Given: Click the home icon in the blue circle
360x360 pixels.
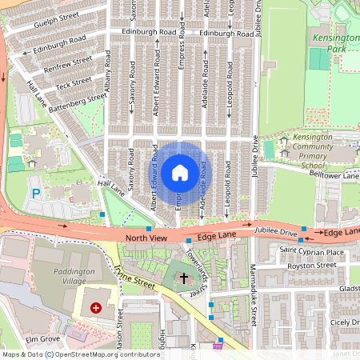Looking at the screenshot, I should point(180,172).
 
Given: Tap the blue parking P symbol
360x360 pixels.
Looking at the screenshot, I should point(35,192).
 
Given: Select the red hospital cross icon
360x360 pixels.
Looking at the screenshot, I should point(97,307).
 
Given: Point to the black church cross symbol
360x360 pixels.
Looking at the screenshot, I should point(184,278).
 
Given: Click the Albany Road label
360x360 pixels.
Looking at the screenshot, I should point(107,69).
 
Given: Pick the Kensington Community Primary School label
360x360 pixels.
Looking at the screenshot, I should point(313,151).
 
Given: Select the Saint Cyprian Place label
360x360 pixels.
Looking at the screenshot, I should point(314,252).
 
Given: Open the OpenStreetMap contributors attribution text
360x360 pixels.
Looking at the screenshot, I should point(107,354).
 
